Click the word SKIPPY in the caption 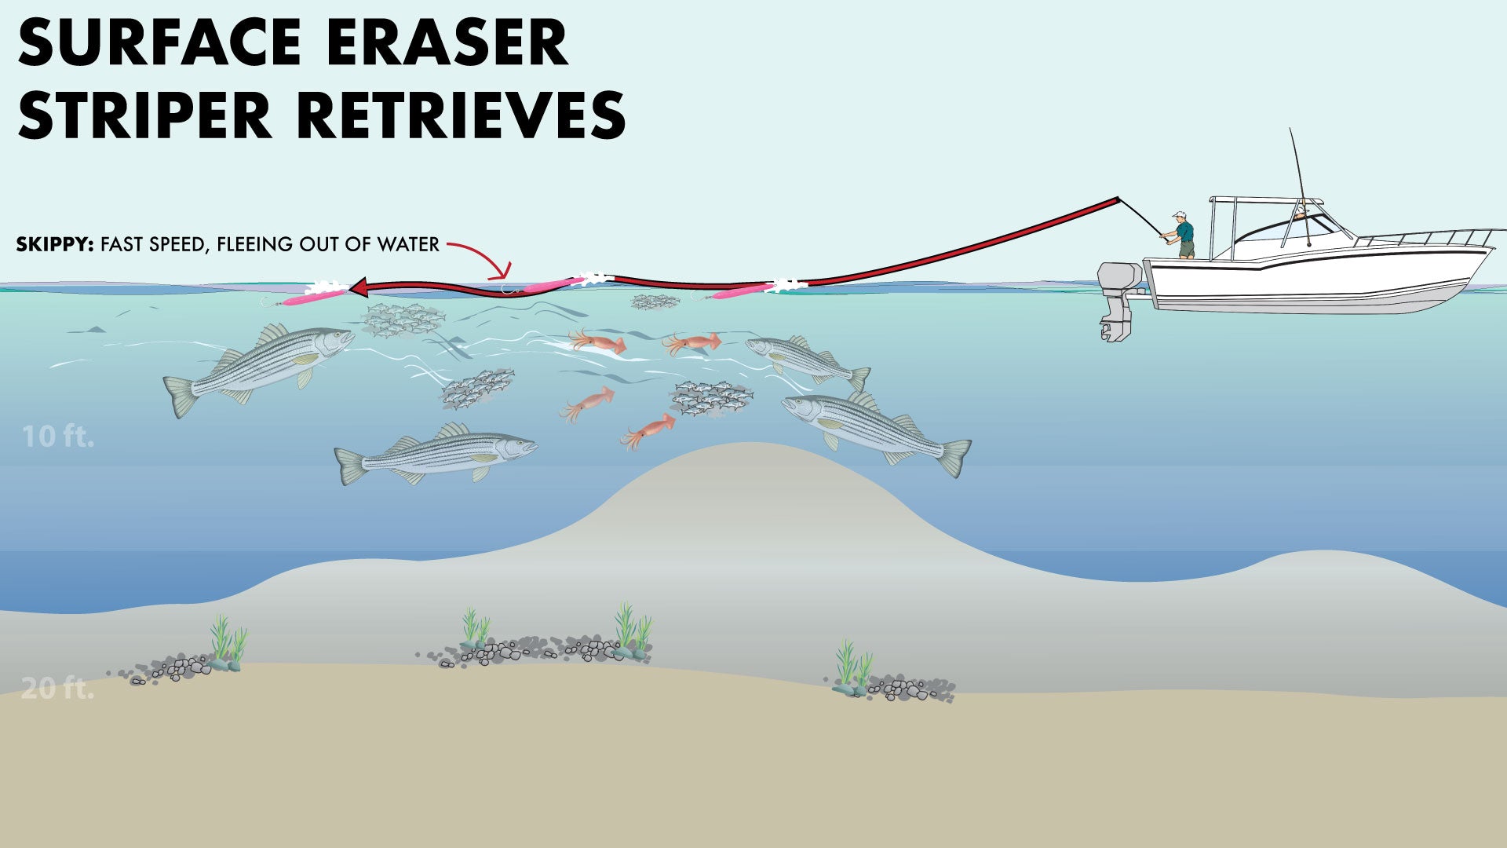(x=54, y=244)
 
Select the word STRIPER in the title (x=145, y=115)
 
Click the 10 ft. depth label (x=57, y=437)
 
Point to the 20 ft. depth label (x=57, y=689)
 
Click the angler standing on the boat (x=1182, y=235)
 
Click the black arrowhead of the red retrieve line (x=359, y=288)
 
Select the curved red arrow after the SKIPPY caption (x=483, y=258)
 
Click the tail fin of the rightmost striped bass (x=956, y=457)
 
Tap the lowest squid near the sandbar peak (x=648, y=430)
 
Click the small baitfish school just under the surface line (x=655, y=301)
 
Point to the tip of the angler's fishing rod (x=1118, y=199)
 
